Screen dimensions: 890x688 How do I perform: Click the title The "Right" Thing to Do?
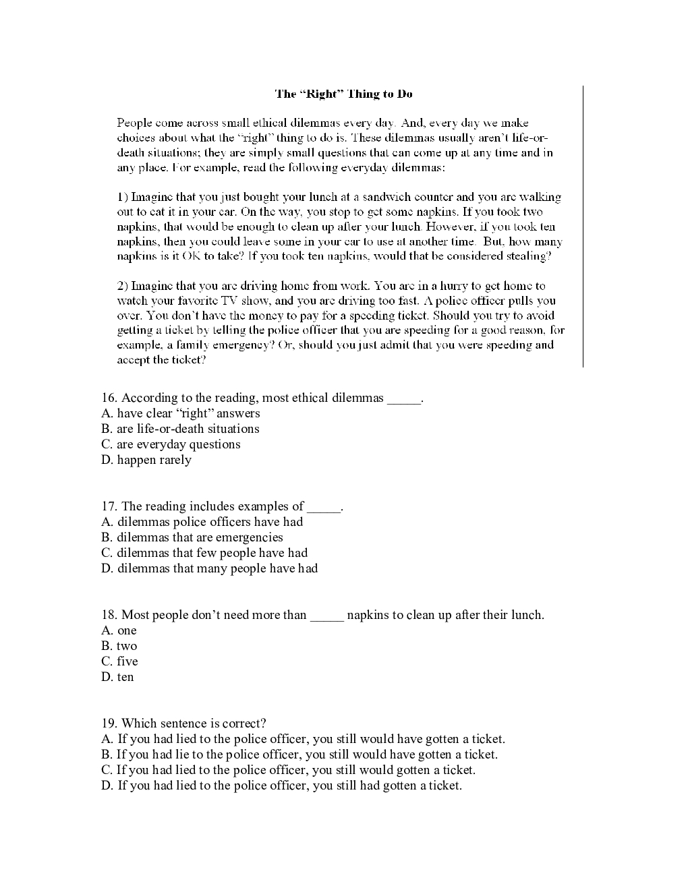point(343,94)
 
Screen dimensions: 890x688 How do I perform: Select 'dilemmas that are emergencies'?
point(192,537)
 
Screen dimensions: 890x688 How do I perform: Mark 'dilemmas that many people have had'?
point(210,568)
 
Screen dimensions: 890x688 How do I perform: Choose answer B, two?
point(119,646)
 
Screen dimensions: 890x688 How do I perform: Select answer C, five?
point(120,661)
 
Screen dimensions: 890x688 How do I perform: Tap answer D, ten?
point(118,677)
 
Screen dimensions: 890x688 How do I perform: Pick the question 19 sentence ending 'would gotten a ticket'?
point(289,770)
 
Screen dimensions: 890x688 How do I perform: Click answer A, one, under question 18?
point(119,630)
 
